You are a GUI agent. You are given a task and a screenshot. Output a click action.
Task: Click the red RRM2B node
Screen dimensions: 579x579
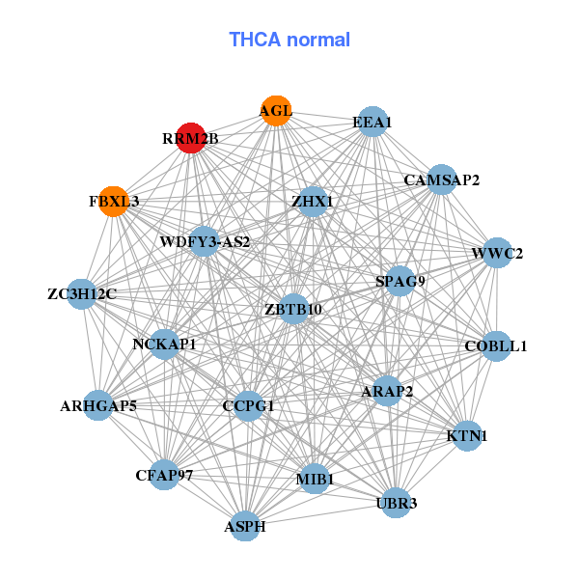pos(191,138)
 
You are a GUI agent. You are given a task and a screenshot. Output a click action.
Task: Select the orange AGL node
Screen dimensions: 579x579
pos(277,110)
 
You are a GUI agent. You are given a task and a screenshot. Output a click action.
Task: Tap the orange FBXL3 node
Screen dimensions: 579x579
pos(114,202)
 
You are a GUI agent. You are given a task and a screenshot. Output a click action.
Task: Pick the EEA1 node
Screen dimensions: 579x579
pos(372,122)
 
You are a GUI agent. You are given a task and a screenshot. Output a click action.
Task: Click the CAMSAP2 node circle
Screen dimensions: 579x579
pos(441,179)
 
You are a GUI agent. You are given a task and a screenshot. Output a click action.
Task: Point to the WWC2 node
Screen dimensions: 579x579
pos(497,254)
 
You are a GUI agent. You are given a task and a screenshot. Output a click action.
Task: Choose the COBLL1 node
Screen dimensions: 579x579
pos(495,345)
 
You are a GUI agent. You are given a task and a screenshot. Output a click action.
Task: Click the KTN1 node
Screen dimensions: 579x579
pos(467,435)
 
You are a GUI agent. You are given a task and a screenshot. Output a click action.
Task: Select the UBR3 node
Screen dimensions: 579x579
pos(396,502)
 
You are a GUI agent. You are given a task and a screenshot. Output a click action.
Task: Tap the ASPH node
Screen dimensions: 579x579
pos(245,526)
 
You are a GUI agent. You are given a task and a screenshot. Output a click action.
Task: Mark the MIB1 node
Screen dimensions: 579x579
pos(315,478)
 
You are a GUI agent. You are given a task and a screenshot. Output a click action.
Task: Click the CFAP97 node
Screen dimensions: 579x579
pos(165,475)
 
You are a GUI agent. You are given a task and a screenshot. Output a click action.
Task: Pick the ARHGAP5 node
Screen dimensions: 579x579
pos(98,404)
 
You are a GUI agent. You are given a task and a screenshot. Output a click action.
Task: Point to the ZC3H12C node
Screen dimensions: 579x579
pos(81,293)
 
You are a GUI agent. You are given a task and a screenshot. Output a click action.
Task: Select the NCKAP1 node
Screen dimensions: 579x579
pos(165,344)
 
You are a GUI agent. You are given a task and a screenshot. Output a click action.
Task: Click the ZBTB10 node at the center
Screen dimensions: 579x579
pos(293,309)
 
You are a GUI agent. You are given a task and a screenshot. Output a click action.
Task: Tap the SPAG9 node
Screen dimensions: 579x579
pos(400,281)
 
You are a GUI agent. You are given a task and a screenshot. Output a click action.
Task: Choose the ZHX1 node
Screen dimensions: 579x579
pos(313,202)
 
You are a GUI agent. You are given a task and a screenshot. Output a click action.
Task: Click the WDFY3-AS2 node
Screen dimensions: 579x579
pos(205,241)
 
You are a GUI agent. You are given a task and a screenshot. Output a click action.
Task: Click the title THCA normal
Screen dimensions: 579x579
pos(289,40)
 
